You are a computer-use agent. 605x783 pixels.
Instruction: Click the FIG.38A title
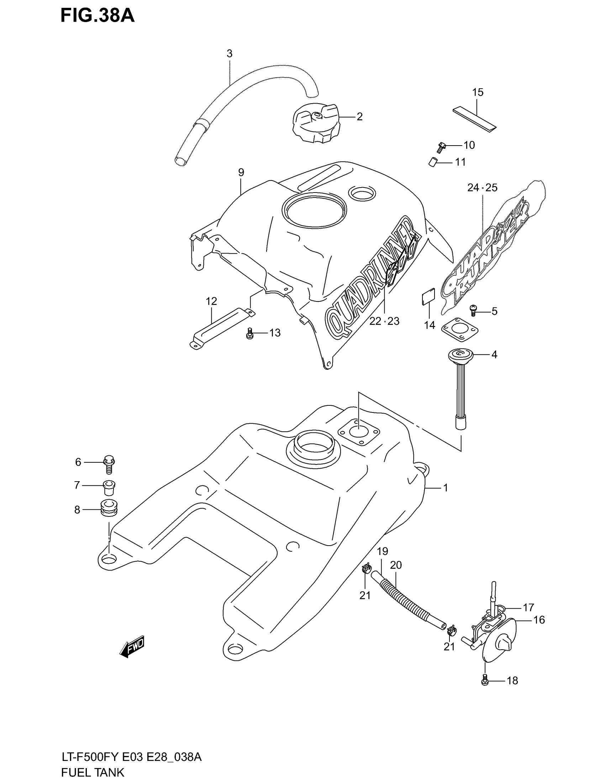[97, 16]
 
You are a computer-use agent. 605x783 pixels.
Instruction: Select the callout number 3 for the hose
[230, 54]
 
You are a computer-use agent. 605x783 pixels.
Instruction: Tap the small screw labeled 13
[250, 334]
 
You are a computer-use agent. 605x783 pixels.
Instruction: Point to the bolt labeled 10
[441, 146]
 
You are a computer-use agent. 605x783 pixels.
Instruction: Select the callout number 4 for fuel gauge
[494, 354]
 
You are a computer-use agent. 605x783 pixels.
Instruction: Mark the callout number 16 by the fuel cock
[539, 620]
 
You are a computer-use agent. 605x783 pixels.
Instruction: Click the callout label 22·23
[384, 321]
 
